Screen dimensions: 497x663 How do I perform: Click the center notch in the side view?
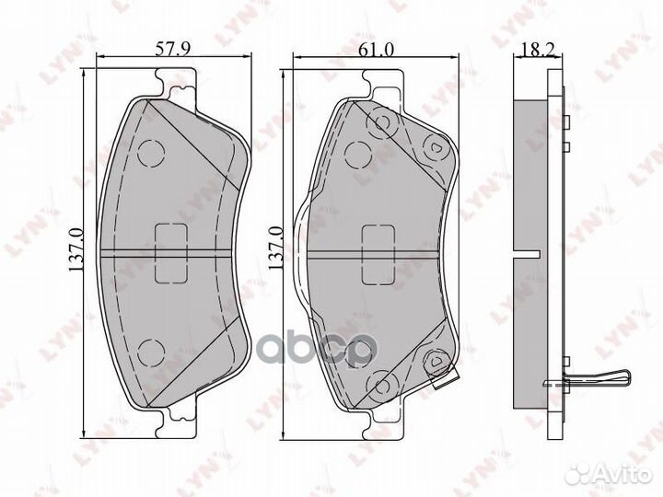(x=528, y=253)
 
